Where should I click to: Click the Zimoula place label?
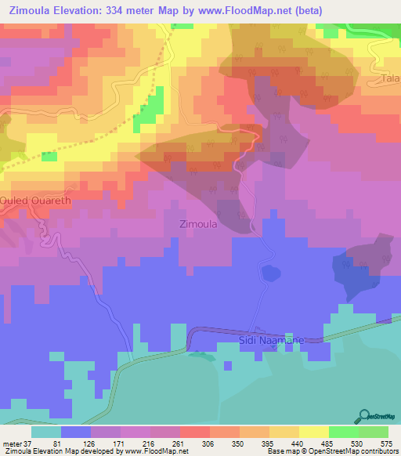point(198,223)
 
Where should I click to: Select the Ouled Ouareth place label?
point(36,200)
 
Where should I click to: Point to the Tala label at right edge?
point(391,80)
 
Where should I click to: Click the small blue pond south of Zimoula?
point(270,273)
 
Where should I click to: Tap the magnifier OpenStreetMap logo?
point(365,416)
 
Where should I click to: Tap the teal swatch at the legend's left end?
point(46,432)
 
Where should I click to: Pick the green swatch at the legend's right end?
point(373,432)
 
